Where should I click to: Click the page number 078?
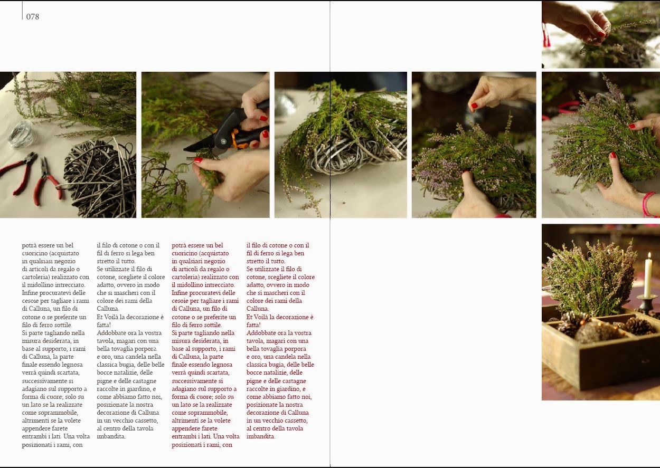[x=32, y=17]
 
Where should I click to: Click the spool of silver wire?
[x=21, y=135]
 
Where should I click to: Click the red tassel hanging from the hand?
[x=546, y=35]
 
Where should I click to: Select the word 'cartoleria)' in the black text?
[x=36, y=277]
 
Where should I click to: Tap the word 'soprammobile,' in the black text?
[x=50, y=413]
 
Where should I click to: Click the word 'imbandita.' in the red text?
[x=261, y=436]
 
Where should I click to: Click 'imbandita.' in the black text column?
[x=111, y=436]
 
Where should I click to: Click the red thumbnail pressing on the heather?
[x=466, y=171]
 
